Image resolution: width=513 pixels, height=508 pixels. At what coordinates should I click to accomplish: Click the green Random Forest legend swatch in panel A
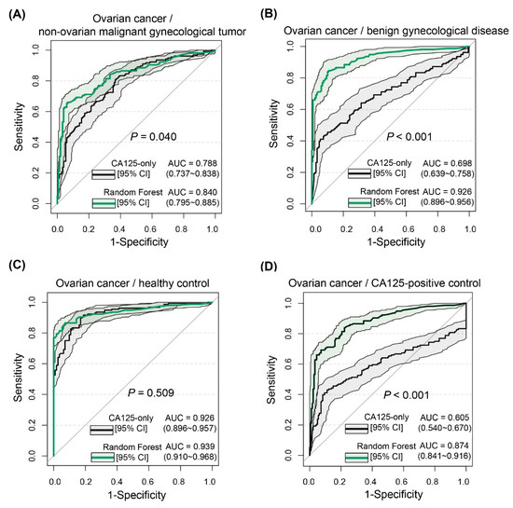(x=102, y=199)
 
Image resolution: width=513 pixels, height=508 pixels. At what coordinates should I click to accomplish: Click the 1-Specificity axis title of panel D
(x=390, y=497)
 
